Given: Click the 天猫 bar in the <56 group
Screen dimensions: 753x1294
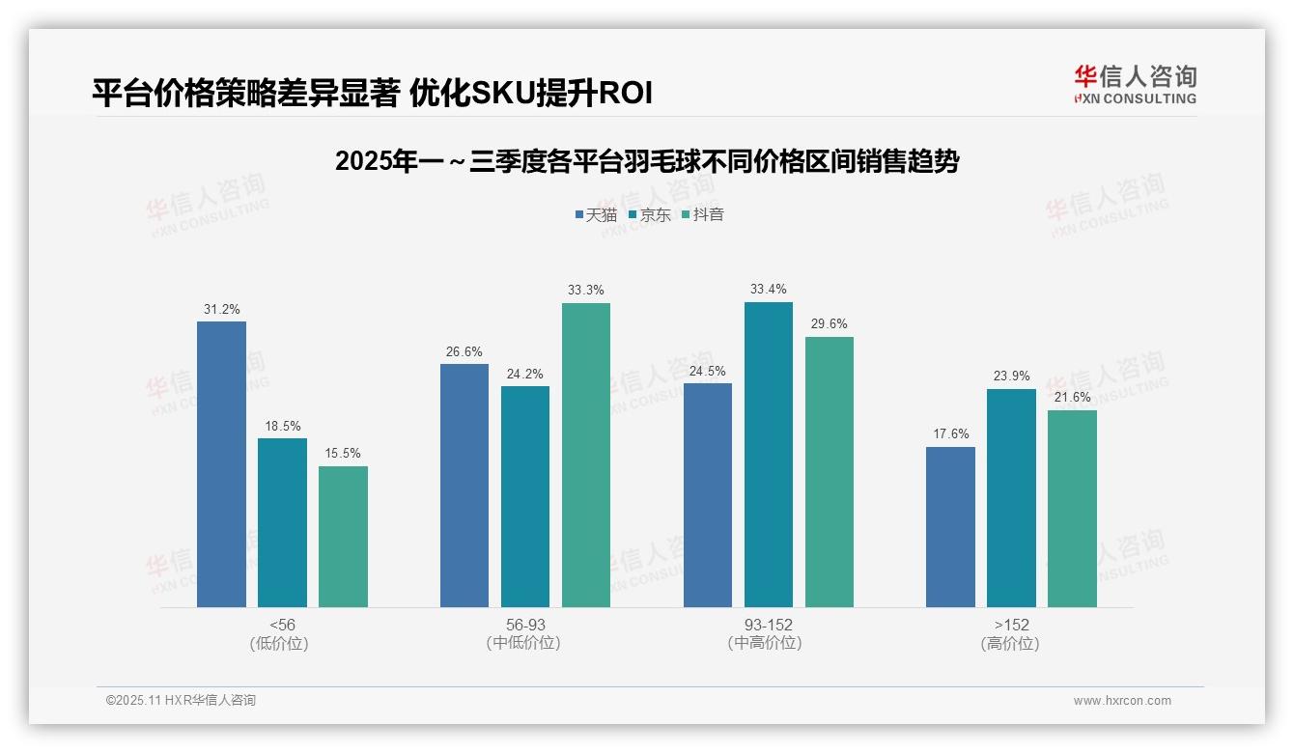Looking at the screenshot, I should pyautogui.click(x=221, y=464).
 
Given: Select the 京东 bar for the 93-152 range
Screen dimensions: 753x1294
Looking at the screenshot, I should pyautogui.click(x=768, y=455).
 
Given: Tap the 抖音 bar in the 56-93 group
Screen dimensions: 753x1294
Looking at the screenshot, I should pyautogui.click(x=586, y=455).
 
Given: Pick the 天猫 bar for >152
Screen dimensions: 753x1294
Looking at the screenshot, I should pyautogui.click(x=950, y=527).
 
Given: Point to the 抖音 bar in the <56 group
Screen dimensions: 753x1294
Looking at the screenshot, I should pyautogui.click(x=343, y=537).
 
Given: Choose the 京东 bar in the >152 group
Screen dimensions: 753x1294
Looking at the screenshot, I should pyautogui.click(x=1011, y=498).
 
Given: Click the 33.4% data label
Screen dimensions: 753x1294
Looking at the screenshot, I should pyautogui.click(x=768, y=289).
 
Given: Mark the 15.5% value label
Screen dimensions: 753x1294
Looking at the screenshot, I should pyautogui.click(x=343, y=453).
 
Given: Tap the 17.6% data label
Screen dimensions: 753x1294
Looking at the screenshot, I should pyautogui.click(x=950, y=433).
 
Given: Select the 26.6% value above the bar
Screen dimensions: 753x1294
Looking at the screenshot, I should pyautogui.click(x=464, y=351).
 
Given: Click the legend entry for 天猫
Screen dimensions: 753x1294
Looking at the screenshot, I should pyautogui.click(x=595, y=214).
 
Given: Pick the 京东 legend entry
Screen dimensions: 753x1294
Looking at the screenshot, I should pyautogui.click(x=649, y=214).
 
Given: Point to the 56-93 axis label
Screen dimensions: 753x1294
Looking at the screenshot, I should pyautogui.click(x=525, y=625).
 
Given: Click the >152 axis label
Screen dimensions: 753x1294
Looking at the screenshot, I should pyautogui.click(x=1011, y=625).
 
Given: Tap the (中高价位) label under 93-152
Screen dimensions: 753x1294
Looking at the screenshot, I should pyautogui.click(x=768, y=643).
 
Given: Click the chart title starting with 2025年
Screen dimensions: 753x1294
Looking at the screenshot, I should pyautogui.click(x=646, y=161).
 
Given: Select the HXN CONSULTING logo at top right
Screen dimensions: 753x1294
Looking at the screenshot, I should pyautogui.click(x=1135, y=85).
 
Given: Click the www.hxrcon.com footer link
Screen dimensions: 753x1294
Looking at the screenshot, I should pyautogui.click(x=1122, y=701).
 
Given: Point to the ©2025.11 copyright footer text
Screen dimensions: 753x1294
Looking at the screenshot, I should pyautogui.click(x=181, y=700).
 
